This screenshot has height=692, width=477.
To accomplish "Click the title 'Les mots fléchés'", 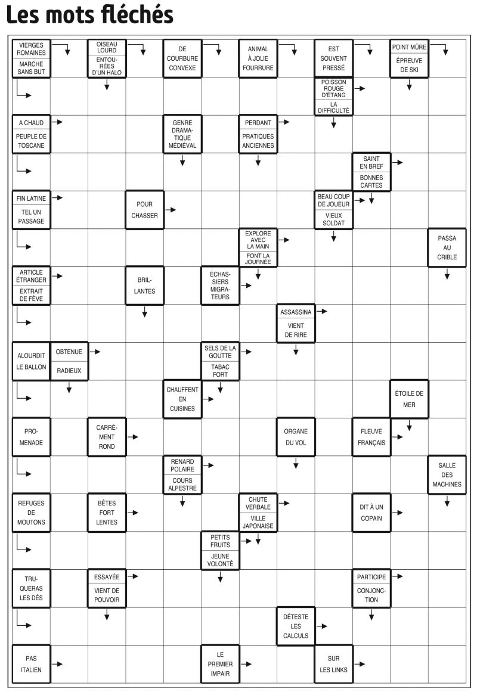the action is click(x=89, y=14).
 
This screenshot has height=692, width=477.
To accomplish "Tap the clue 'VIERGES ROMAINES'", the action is click(x=32, y=49).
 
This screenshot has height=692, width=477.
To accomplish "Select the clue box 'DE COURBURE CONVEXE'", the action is click(x=182, y=58).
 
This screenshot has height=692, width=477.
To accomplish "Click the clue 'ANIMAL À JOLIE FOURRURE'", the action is click(x=258, y=58).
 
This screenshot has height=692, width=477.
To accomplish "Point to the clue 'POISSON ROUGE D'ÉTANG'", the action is click(x=333, y=88).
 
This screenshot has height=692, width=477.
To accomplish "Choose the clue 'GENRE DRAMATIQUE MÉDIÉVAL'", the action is click(x=182, y=134).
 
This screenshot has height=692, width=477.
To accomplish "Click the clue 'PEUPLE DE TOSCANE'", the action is click(x=32, y=141).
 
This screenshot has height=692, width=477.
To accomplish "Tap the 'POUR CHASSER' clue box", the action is click(x=144, y=210).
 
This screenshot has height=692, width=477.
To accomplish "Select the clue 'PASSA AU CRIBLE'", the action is click(x=447, y=247).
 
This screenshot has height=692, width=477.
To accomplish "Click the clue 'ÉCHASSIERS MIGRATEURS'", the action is click(x=220, y=286).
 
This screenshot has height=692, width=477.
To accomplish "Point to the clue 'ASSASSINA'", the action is click(x=296, y=312).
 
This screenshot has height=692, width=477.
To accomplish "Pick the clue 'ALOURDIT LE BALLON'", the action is click(x=32, y=361).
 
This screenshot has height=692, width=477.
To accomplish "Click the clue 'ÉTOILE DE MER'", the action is click(x=409, y=399).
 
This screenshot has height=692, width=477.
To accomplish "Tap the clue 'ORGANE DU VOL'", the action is click(x=296, y=437).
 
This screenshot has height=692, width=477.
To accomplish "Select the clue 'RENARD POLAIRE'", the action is click(x=182, y=465).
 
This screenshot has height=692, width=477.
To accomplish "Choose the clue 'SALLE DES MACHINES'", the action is click(x=447, y=475).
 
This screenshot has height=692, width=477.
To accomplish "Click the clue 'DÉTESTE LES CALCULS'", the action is click(x=296, y=626).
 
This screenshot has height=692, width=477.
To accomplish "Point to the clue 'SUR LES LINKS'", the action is click(x=333, y=664).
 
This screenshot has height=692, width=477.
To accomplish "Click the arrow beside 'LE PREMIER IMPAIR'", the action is click(x=246, y=664).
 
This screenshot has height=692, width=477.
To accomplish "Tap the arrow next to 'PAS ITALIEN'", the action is click(x=57, y=664).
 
